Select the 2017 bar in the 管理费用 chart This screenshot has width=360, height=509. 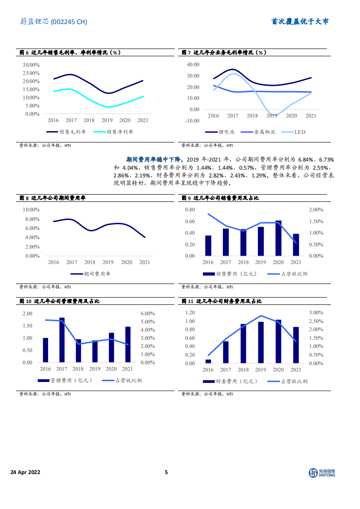click(x=62, y=340)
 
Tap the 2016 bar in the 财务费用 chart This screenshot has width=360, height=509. click(x=208, y=361)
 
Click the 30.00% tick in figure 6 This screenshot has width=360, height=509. click(x=31, y=65)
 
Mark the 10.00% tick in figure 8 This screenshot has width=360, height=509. click(x=31, y=210)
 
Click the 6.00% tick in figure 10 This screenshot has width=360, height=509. click(x=148, y=314)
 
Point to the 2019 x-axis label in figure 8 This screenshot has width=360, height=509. click(x=108, y=262)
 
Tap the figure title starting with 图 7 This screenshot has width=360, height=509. click(x=223, y=53)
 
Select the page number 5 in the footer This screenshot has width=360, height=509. click(x=166, y=472)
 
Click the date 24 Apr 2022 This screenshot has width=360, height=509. click(x=25, y=472)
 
